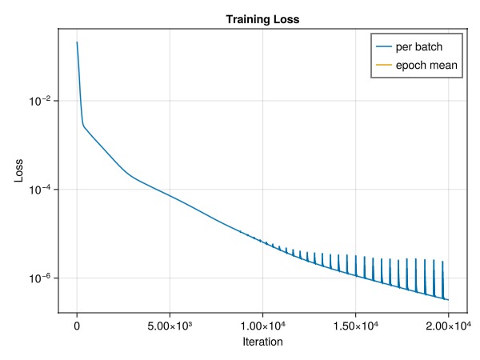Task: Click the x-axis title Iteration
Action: coord(262,342)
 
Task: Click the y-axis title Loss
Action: coord(18,171)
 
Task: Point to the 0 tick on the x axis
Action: coord(77,326)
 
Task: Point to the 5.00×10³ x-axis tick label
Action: coord(170,326)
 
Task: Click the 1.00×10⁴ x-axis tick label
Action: coord(262,326)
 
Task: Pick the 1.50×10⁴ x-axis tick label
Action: coord(355,326)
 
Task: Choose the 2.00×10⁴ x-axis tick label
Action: coord(448,326)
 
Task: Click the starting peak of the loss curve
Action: coord(77,42)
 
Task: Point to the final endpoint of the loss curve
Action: coord(448,300)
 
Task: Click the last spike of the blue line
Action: coord(442,262)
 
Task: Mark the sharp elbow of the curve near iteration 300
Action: coord(83,125)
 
